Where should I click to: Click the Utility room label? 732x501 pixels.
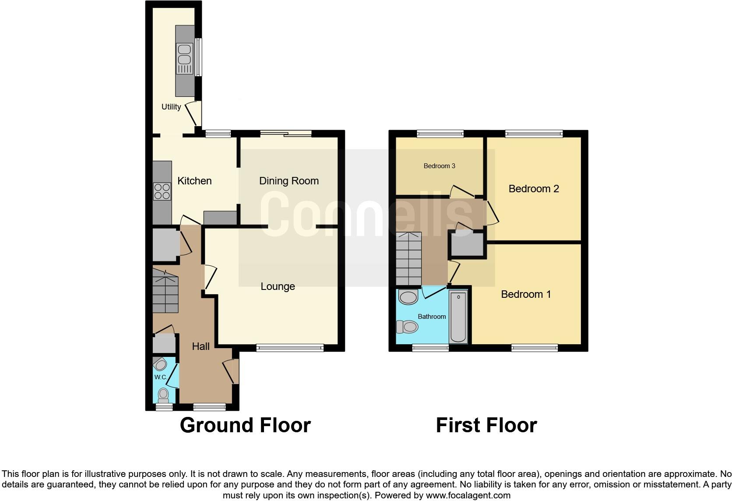click(x=171, y=107)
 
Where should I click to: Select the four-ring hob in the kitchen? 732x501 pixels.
click(x=162, y=191)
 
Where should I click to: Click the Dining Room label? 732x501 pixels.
click(x=289, y=181)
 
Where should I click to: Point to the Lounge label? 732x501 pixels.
click(x=278, y=286)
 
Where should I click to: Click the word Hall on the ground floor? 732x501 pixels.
click(x=201, y=346)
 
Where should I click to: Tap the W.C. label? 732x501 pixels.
click(x=160, y=377)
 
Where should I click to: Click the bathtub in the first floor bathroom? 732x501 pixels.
click(x=458, y=317)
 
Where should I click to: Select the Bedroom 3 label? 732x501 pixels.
click(x=439, y=166)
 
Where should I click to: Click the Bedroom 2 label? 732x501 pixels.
click(x=533, y=189)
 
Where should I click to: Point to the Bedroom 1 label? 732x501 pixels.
click(x=525, y=294)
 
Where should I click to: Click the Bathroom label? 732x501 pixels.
click(x=432, y=317)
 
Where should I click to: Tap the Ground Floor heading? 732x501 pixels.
click(x=245, y=425)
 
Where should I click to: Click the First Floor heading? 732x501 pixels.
click(x=486, y=425)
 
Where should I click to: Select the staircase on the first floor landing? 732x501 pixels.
click(x=408, y=258)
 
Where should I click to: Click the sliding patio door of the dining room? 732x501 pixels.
click(x=286, y=133)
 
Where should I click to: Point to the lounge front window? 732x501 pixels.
click(x=290, y=348)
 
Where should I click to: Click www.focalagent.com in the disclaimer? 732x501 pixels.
click(x=468, y=495)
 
